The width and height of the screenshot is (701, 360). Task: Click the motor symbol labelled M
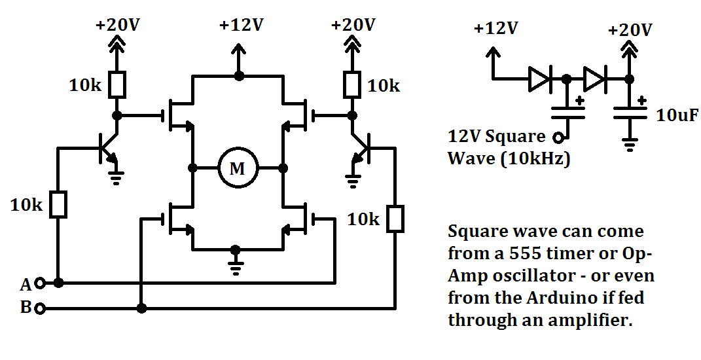(x=238, y=169)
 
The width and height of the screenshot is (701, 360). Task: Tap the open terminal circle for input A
(x=40, y=283)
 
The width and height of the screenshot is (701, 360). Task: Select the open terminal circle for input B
(x=40, y=308)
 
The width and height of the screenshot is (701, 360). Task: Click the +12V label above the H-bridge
(x=241, y=25)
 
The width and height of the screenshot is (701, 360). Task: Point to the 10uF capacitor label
(x=677, y=115)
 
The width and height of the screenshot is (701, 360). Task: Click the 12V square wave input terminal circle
(x=558, y=137)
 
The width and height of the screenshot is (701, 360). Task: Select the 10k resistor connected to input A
(x=58, y=205)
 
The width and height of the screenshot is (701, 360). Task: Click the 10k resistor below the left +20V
(x=117, y=84)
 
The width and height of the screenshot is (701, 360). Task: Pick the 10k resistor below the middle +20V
(x=352, y=84)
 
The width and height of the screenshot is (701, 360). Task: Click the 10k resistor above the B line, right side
(x=395, y=219)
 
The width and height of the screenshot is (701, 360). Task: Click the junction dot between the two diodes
(x=566, y=79)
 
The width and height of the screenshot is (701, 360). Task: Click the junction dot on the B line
(x=142, y=308)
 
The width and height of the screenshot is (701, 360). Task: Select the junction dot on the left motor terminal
(x=192, y=169)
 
